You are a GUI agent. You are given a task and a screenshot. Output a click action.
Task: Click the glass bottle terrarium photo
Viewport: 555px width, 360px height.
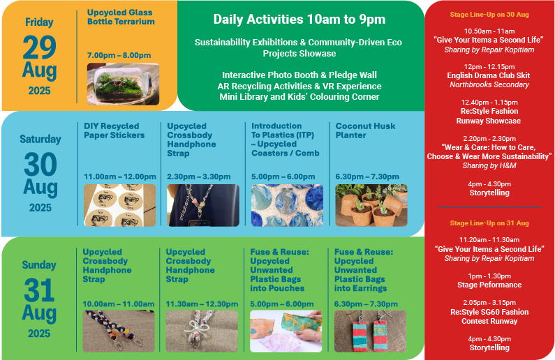pos(123,84)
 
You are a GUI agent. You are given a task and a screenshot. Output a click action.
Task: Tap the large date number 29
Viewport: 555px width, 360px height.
pos(39,47)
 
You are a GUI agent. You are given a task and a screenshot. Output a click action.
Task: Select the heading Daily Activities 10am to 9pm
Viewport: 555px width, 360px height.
pos(299,19)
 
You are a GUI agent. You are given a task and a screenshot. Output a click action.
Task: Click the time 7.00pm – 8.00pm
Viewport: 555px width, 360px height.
pos(119,55)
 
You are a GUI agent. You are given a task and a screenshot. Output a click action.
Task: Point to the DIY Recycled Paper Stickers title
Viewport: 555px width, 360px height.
pos(114,130)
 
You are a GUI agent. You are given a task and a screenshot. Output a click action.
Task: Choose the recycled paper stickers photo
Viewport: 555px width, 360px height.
pos(119,205)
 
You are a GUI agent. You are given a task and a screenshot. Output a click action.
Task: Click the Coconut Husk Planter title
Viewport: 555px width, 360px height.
pos(365,130)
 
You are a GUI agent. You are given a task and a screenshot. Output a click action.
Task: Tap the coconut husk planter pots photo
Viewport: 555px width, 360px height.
pos(371,205)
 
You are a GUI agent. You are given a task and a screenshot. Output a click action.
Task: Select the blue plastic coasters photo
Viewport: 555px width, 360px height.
pos(287,205)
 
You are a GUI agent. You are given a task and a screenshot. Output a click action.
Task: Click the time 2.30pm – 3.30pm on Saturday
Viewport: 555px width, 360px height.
pos(198,177)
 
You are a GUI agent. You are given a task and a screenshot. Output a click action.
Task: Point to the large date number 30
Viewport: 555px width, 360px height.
pos(40,164)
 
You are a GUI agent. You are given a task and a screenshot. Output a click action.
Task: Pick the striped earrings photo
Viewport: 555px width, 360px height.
pos(370,331)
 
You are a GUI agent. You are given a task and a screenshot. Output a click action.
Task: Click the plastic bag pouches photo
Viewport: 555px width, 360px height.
pos(286,331)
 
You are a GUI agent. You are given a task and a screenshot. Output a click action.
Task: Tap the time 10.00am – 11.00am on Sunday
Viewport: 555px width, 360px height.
pos(118,303)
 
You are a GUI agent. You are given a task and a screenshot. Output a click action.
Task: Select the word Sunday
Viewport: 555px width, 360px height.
pos(39,265)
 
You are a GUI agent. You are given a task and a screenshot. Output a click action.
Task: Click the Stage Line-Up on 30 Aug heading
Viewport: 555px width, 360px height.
pos(489,15)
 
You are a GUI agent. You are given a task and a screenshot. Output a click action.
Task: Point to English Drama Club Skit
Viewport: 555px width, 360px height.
pos(489,75)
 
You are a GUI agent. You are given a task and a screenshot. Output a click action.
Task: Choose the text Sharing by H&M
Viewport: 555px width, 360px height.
pos(489,165)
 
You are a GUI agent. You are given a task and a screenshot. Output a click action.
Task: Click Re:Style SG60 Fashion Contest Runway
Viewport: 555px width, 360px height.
pos(489,317)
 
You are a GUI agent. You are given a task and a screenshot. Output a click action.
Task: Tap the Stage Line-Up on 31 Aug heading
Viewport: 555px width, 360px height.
pos(489,223)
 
